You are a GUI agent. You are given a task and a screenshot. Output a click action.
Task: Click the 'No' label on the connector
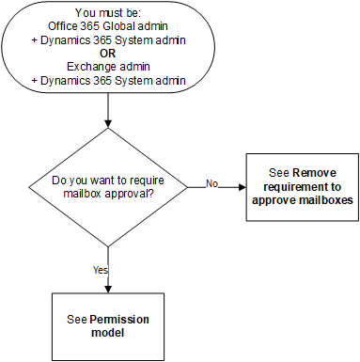(x=211, y=184)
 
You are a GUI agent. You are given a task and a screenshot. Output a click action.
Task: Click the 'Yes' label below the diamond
(x=101, y=270)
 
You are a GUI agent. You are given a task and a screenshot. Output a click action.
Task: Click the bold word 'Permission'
(x=121, y=320)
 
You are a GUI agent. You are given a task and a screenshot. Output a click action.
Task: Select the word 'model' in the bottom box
(x=109, y=333)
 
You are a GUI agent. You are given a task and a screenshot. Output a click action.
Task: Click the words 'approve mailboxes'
(x=303, y=199)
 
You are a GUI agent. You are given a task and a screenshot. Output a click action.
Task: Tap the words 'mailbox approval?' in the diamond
(x=109, y=192)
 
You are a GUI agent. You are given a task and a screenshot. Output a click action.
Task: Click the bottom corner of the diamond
(x=109, y=245)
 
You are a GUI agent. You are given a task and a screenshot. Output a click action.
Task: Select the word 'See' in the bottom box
(x=77, y=320)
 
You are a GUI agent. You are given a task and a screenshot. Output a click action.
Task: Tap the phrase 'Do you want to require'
(x=109, y=179)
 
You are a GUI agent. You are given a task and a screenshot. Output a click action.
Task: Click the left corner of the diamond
(x=29, y=186)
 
